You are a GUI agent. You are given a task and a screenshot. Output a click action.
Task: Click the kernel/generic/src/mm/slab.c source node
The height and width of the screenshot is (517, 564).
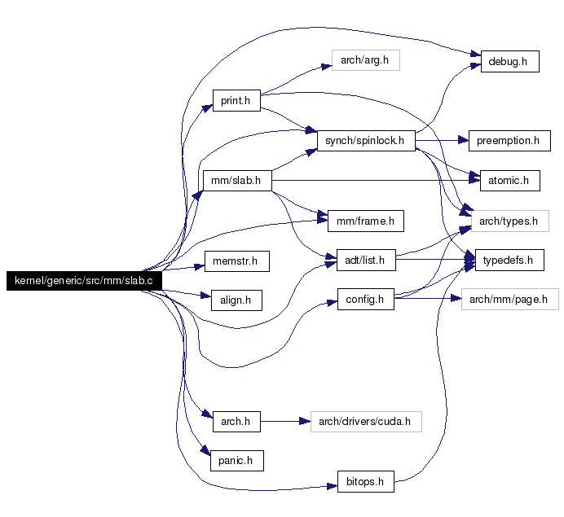click(x=84, y=281)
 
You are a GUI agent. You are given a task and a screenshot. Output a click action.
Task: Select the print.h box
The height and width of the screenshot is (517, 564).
click(x=236, y=101)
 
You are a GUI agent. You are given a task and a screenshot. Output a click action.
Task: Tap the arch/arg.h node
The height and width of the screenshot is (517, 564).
click(x=365, y=60)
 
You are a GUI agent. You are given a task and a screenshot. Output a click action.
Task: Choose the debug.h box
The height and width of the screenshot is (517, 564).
click(x=509, y=61)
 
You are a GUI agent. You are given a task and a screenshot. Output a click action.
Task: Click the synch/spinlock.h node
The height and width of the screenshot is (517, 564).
click(x=366, y=141)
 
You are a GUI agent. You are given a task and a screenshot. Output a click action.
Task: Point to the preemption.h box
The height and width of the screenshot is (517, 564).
click(x=509, y=141)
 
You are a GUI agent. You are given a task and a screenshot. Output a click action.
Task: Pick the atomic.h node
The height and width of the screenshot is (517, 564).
click(x=509, y=181)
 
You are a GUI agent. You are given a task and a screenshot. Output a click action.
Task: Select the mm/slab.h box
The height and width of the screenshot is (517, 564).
click(x=237, y=181)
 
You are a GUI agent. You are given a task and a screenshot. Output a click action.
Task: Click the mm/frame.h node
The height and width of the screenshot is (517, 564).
click(x=365, y=221)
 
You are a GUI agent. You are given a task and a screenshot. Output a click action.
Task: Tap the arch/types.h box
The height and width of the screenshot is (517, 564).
click(x=509, y=221)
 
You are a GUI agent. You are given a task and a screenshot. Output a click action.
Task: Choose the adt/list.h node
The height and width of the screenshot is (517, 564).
click(x=366, y=260)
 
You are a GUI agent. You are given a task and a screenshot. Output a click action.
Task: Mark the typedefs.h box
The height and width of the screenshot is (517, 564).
click(x=509, y=260)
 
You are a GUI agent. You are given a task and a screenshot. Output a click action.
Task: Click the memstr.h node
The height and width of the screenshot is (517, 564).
click(x=236, y=261)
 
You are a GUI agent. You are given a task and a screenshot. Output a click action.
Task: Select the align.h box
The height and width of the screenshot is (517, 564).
click(x=236, y=300)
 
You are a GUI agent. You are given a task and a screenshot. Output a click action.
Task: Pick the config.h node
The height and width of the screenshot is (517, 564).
click(x=365, y=299)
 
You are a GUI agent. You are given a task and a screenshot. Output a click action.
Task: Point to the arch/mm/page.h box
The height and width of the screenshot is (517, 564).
click(x=509, y=299)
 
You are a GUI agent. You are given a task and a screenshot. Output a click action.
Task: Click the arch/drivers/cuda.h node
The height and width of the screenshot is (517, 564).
click(x=366, y=422)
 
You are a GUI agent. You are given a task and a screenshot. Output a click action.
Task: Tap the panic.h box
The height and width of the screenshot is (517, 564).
click(x=236, y=461)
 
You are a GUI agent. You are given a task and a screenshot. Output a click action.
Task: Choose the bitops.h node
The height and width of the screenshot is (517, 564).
click(x=365, y=481)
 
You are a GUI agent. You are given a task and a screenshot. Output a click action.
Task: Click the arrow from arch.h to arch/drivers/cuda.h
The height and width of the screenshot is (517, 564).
click(x=285, y=422)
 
